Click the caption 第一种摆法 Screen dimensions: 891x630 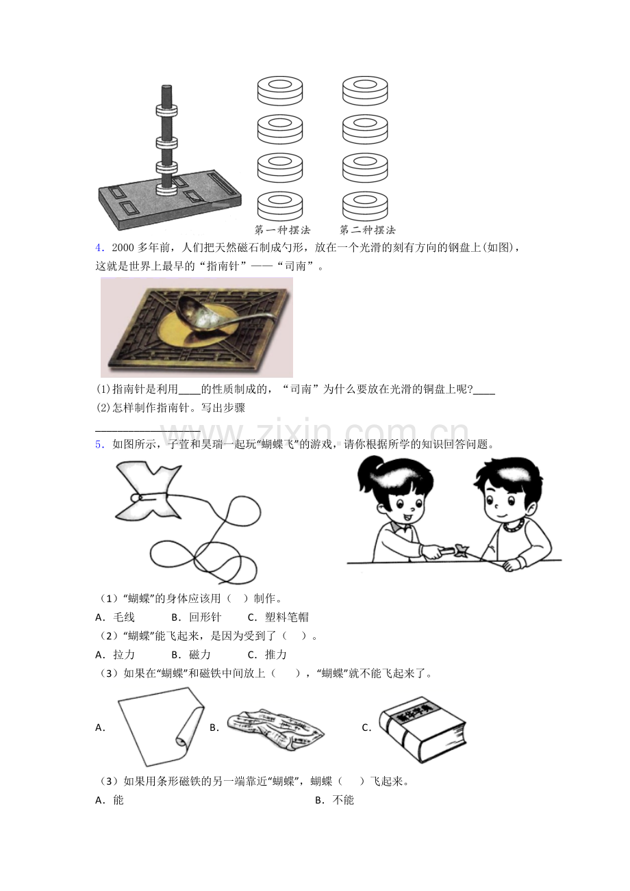tap(282, 230)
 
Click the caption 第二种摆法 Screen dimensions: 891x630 tap(368, 230)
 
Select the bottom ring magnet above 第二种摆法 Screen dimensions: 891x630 tap(365, 206)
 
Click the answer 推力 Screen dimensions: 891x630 tap(276, 655)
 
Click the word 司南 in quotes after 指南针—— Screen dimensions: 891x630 tap(301, 266)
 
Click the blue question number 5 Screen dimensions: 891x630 tap(99, 444)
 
